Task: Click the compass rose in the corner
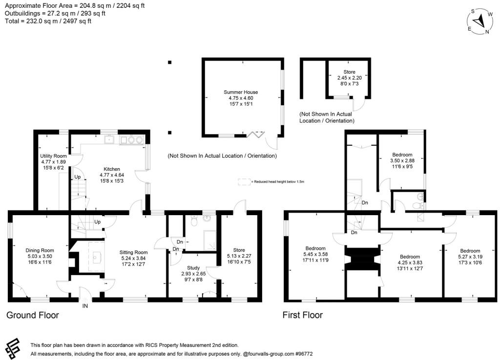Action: [479, 20]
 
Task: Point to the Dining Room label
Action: [40, 251]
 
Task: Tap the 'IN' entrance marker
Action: [85, 306]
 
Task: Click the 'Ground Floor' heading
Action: [33, 315]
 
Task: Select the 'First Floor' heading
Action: [303, 315]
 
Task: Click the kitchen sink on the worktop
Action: [109, 140]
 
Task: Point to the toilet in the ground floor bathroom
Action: [195, 221]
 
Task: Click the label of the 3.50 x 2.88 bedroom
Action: [401, 155]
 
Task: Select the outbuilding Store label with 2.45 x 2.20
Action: [349, 72]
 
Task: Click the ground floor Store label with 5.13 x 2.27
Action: [239, 250]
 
